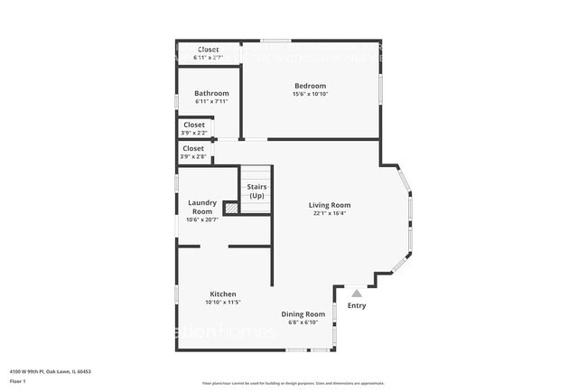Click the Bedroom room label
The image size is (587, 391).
310,86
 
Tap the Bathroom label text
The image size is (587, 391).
211,93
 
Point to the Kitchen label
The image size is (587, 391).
223,294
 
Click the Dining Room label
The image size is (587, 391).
303,313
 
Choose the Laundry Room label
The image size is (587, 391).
201,207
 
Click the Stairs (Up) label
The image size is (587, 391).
256,191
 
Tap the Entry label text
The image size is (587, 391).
357,305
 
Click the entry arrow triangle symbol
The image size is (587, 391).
357,293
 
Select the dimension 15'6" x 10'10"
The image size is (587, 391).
310,94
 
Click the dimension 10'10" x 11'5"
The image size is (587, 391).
223,303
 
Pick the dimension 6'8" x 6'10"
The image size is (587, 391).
303,321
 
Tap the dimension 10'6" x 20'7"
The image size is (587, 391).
201,219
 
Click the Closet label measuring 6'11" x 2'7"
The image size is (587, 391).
208,50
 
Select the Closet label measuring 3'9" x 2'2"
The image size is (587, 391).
193,125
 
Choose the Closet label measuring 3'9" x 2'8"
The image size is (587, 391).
193,148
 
